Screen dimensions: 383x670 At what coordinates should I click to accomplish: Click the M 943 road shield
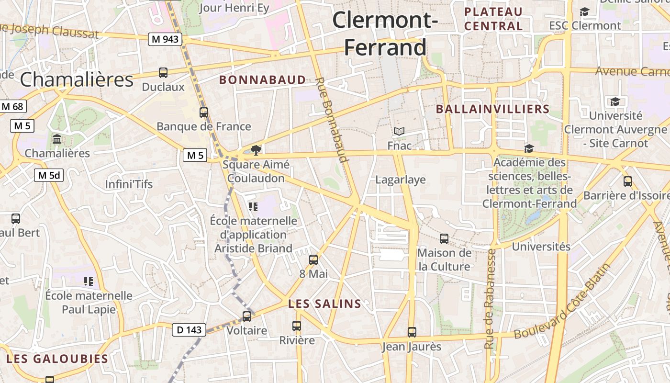(165, 39)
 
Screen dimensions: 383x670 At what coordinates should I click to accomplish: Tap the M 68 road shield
(12, 106)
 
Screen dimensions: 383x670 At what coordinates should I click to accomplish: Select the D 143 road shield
(189, 329)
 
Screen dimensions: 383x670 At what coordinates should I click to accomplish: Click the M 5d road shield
(49, 175)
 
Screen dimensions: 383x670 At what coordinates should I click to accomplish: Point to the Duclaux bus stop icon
(163, 73)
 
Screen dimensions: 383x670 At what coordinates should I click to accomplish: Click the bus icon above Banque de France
(204, 113)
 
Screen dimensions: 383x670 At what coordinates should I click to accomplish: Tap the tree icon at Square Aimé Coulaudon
(256, 150)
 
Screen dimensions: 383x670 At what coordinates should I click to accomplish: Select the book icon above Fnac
(399, 131)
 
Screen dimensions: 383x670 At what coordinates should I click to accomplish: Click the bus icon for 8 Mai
(313, 260)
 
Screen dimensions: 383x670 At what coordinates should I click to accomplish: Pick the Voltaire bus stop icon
(247, 316)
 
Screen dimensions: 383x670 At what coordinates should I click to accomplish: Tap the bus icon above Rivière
(297, 326)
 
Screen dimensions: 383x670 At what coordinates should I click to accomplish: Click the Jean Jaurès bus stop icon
(412, 332)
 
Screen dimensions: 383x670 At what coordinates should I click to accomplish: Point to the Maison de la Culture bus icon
(444, 238)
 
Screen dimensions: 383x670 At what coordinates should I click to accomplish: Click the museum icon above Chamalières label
(57, 139)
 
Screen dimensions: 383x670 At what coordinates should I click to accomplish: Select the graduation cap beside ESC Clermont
(584, 11)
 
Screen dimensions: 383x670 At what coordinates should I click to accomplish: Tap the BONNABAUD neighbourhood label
(262, 80)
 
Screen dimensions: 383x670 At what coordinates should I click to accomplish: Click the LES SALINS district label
(324, 304)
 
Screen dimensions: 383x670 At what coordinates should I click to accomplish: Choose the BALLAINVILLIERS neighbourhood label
(492, 109)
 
